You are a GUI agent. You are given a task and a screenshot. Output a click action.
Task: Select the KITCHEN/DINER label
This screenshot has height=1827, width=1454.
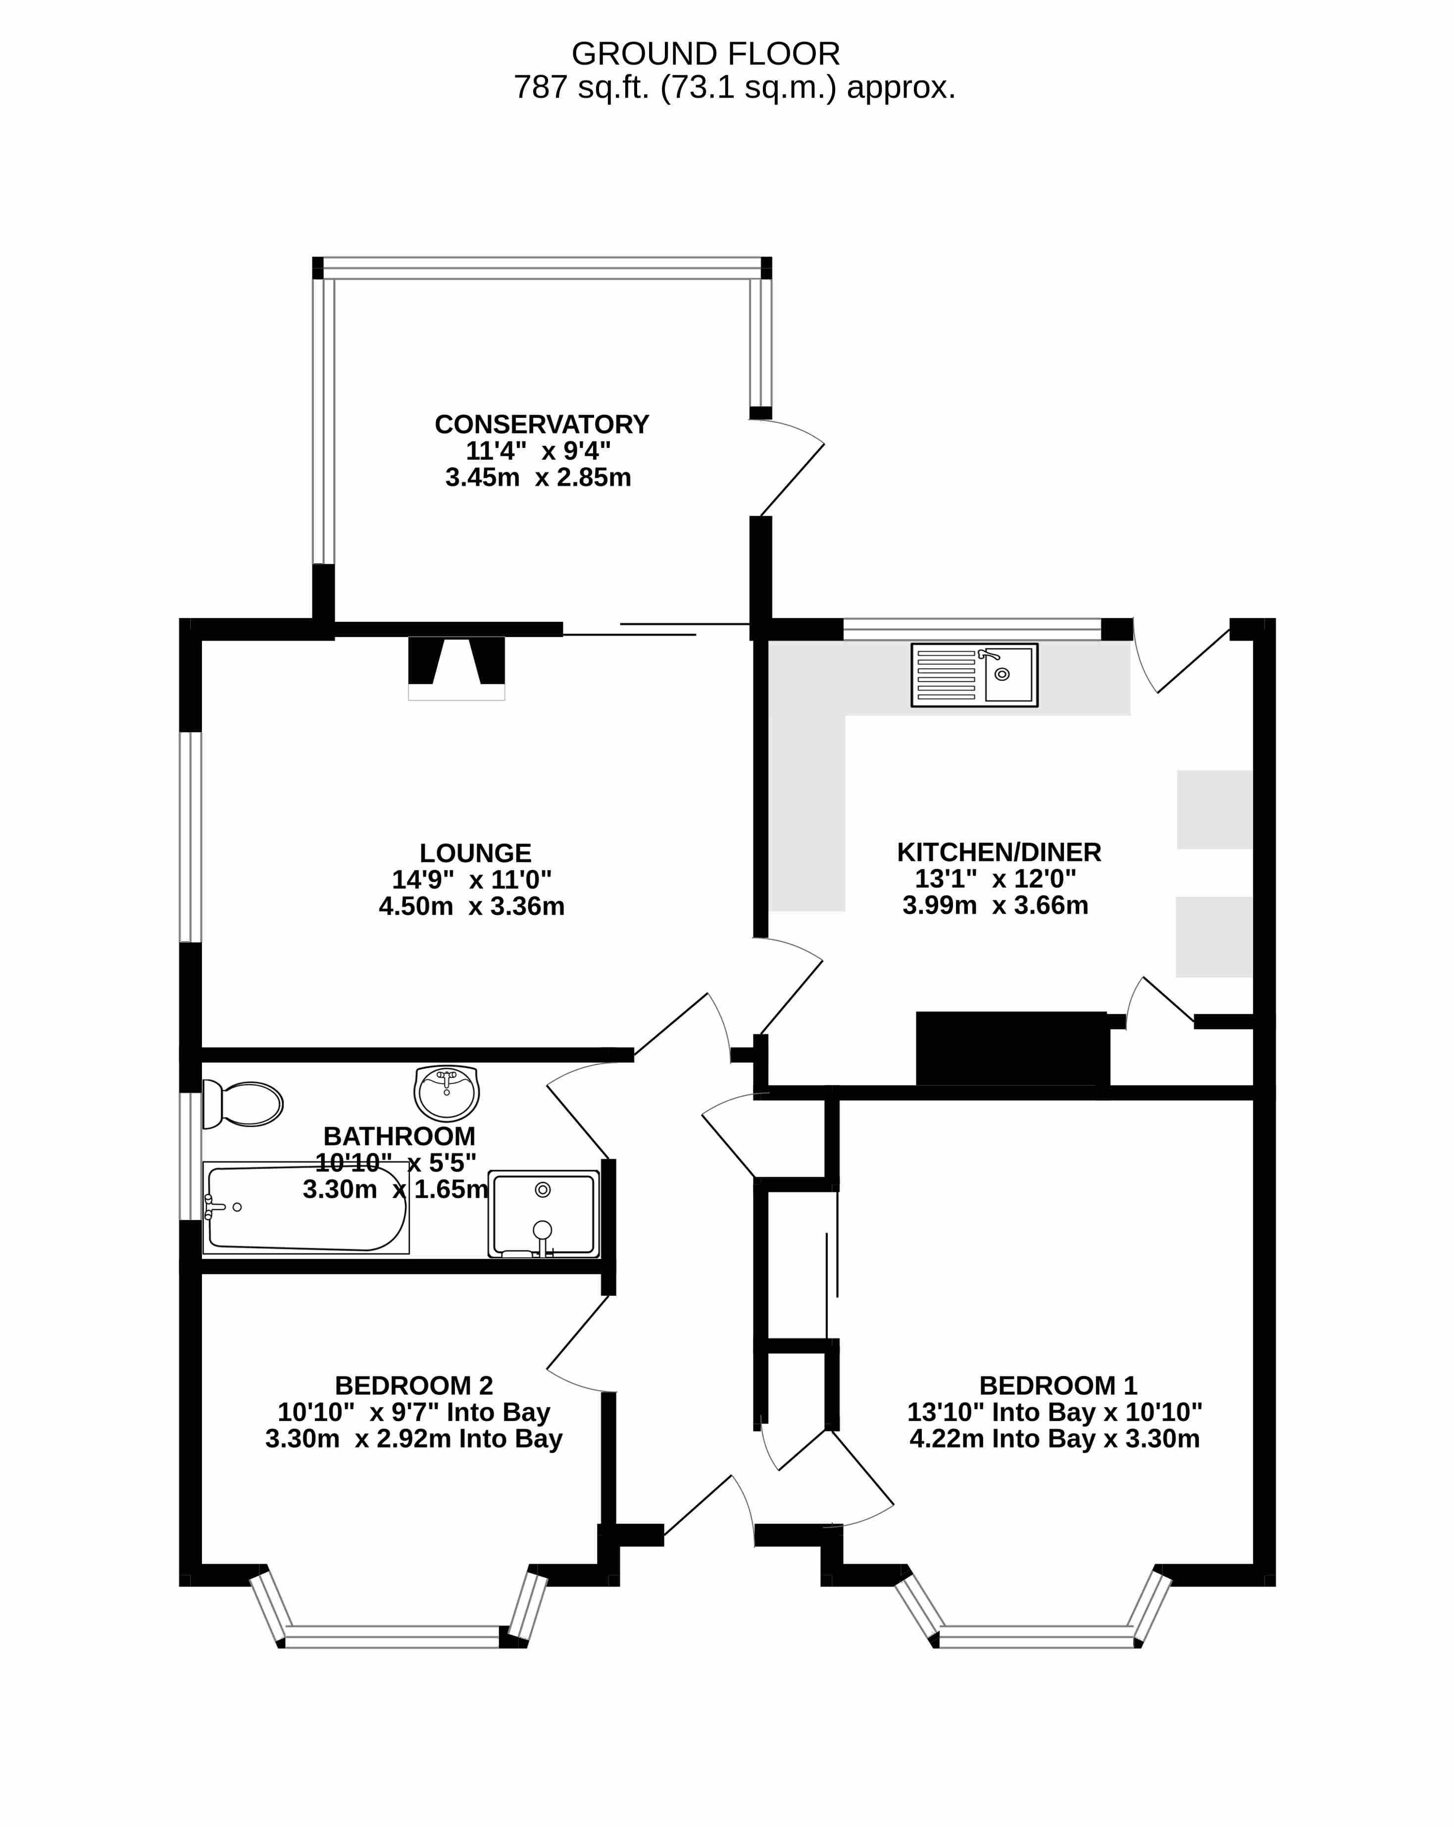pos(999,852)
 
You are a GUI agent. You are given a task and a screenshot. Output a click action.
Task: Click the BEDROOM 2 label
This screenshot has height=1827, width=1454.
pos(413,1385)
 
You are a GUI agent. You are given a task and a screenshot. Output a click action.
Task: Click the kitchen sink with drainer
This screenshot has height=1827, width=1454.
pos(974,675)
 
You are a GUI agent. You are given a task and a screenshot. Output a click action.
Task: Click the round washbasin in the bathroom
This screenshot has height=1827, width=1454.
pos(447,1093)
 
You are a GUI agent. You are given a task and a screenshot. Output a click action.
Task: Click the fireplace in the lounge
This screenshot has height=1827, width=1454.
pos(457,669)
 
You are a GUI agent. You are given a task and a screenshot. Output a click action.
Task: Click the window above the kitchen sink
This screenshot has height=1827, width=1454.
pos(972,629)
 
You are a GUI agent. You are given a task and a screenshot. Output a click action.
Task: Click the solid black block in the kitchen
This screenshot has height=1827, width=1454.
pos(1012,1048)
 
